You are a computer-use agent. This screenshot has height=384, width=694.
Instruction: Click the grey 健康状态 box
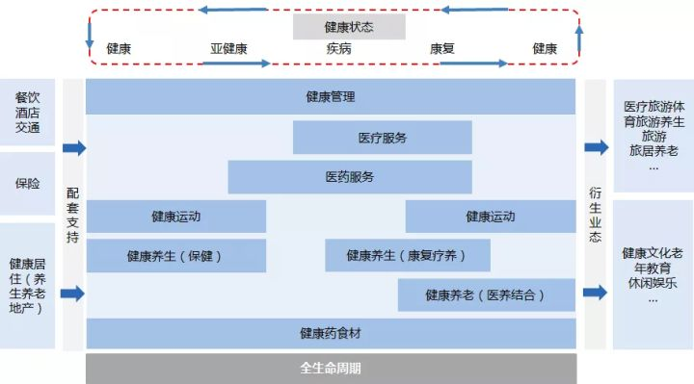point(349,26)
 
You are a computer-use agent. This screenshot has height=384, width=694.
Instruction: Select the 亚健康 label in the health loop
point(228,48)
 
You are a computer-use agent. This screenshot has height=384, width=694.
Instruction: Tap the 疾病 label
point(338,48)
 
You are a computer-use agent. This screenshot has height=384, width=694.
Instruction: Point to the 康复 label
point(442,48)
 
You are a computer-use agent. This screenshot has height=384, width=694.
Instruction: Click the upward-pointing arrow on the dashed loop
point(579,38)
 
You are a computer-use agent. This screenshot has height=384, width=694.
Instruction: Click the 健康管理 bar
point(331,97)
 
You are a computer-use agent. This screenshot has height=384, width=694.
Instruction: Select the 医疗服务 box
point(382,138)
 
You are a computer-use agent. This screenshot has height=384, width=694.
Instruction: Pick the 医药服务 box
point(350,177)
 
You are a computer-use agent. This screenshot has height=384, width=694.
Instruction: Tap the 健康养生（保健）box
point(175,256)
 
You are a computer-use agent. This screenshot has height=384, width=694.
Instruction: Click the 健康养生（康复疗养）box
point(406,256)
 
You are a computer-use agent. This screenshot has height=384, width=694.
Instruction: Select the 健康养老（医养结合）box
point(486,294)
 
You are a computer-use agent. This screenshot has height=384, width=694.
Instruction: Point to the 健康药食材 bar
point(331,334)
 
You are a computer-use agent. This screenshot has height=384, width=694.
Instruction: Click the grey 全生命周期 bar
point(331,369)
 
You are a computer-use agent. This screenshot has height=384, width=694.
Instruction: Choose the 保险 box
point(28,183)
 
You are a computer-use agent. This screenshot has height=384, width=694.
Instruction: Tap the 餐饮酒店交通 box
point(28,114)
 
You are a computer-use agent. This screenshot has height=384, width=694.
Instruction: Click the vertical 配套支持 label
point(73,213)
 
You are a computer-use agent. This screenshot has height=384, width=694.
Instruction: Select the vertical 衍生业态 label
point(596,213)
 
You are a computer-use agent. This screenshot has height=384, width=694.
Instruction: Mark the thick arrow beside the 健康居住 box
point(73,294)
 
